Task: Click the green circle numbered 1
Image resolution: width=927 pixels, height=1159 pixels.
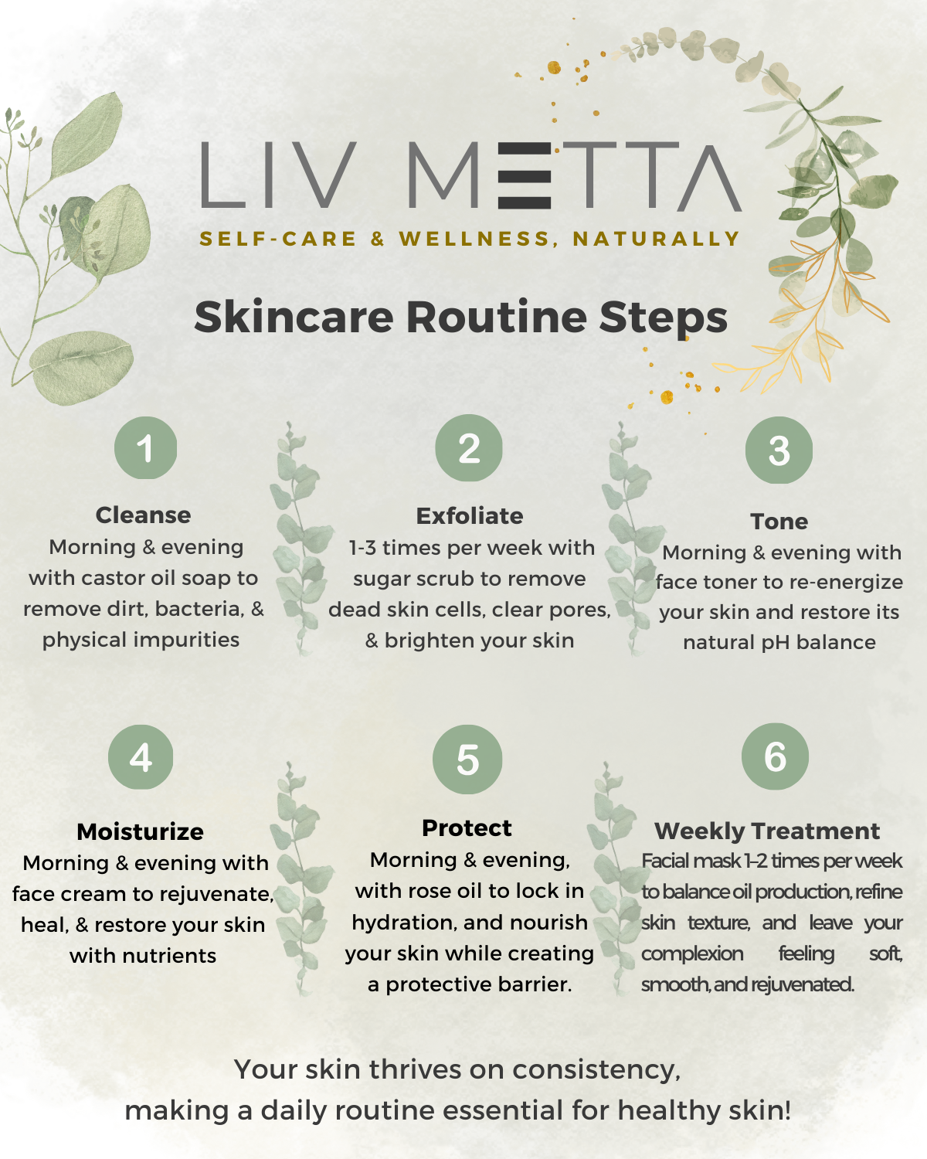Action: pyautogui.click(x=145, y=447)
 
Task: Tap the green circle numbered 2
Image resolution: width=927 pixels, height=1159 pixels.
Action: pyautogui.click(x=469, y=447)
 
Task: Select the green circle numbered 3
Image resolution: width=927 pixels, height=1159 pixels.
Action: pyautogui.click(x=779, y=450)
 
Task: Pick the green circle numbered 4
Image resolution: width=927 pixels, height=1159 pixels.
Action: pyautogui.click(x=141, y=756)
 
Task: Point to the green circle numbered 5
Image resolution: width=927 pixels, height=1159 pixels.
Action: pyautogui.click(x=467, y=760)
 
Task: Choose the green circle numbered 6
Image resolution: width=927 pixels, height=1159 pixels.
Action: pyautogui.click(x=775, y=756)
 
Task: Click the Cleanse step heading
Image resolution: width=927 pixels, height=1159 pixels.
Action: pyautogui.click(x=143, y=515)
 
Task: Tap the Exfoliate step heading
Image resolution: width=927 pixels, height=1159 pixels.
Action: pyautogui.click(x=470, y=516)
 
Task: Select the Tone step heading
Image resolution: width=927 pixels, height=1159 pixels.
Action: pyautogui.click(x=779, y=522)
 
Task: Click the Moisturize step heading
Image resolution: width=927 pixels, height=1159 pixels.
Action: pyautogui.click(x=140, y=832)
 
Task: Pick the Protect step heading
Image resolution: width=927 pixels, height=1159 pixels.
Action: pyautogui.click(x=467, y=828)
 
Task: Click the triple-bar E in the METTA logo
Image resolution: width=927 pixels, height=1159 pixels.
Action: pyautogui.click(x=525, y=175)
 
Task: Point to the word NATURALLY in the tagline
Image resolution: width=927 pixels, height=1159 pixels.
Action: pyautogui.click(x=657, y=239)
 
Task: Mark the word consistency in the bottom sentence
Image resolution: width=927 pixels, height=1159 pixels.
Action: pyautogui.click(x=596, y=1069)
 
